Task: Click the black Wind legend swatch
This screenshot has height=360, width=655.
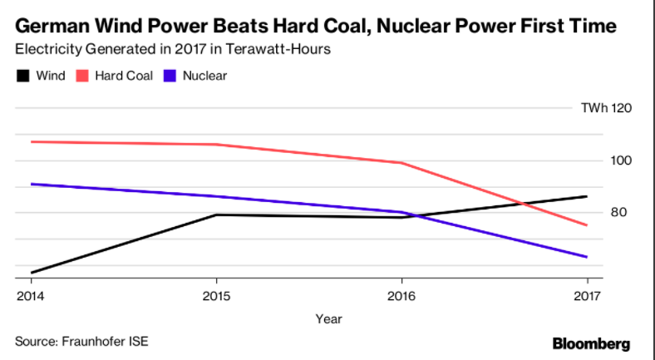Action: [x=22, y=76]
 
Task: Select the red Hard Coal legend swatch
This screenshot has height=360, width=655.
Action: [x=83, y=76]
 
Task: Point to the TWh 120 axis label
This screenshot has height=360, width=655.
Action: [x=605, y=108]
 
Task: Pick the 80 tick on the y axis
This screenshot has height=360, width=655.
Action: [x=618, y=213]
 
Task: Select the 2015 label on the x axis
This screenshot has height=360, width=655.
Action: [x=216, y=294]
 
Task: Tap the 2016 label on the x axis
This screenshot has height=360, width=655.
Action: [x=402, y=294]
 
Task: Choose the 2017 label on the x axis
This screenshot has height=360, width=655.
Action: [x=587, y=294]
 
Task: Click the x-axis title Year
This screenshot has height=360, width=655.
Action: [x=327, y=318]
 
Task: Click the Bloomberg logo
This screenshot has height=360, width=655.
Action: [x=591, y=343]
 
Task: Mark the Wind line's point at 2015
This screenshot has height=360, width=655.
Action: [x=216, y=215]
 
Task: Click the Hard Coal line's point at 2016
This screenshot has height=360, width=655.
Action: [x=402, y=163]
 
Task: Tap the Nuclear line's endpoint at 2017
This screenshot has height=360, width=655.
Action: [x=587, y=257]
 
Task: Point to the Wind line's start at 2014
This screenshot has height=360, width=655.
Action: [x=30, y=272]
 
